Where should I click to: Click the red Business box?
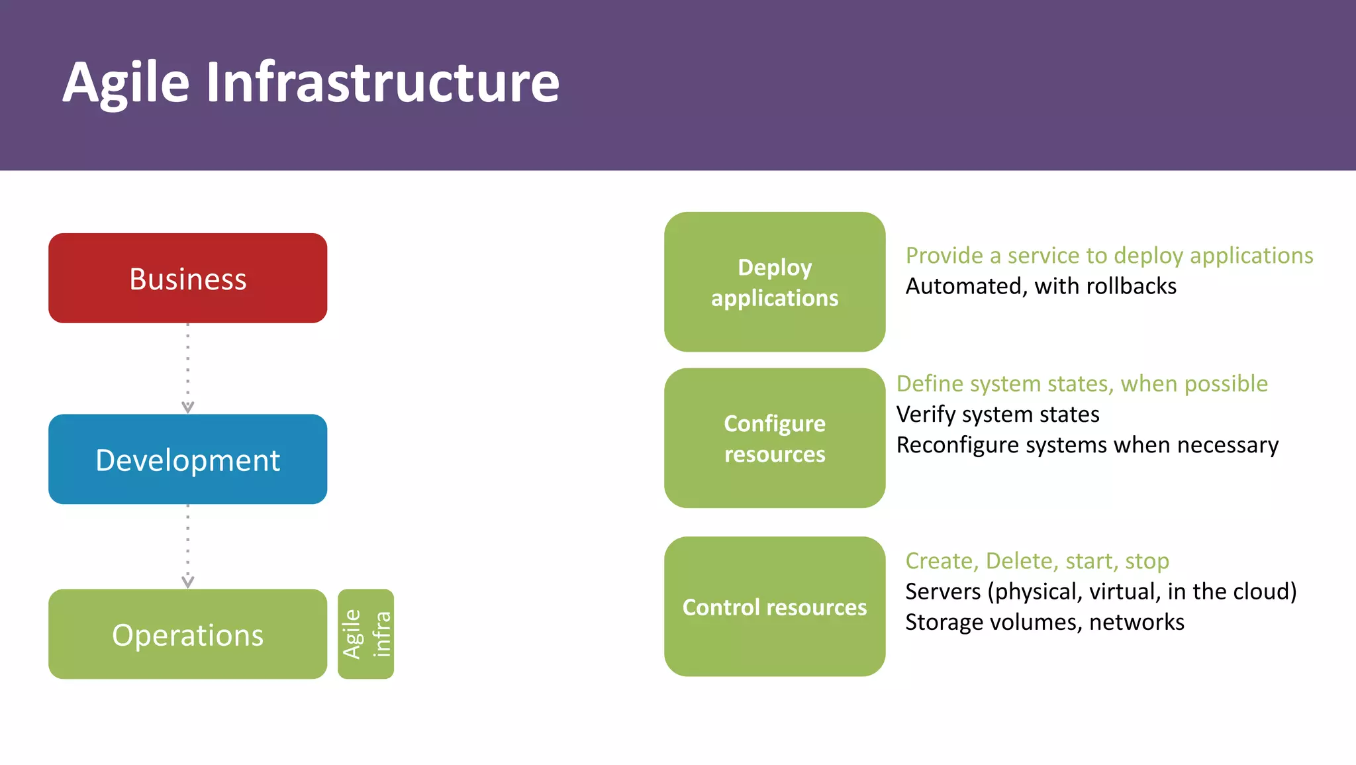pyautogui.click(x=187, y=278)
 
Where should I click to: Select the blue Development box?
pyautogui.click(x=187, y=459)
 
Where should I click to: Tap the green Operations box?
pyautogui.click(x=187, y=634)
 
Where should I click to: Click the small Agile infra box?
pyautogui.click(x=365, y=634)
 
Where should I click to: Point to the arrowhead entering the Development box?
pyautogui.click(x=188, y=407)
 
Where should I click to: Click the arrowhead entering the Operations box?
pyautogui.click(x=188, y=582)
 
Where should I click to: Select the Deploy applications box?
pyautogui.click(x=775, y=282)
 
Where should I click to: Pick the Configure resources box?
pyautogui.click(x=775, y=438)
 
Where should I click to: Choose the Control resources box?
pyautogui.click(x=775, y=606)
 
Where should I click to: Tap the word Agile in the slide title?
pyautogui.click(x=126, y=83)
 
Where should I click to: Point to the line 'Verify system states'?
pyautogui.click(x=998, y=415)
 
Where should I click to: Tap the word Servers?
pyautogui.click(x=943, y=591)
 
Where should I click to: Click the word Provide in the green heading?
pyautogui.click(x=944, y=256)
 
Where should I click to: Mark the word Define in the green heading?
pyautogui.click(x=930, y=384)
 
